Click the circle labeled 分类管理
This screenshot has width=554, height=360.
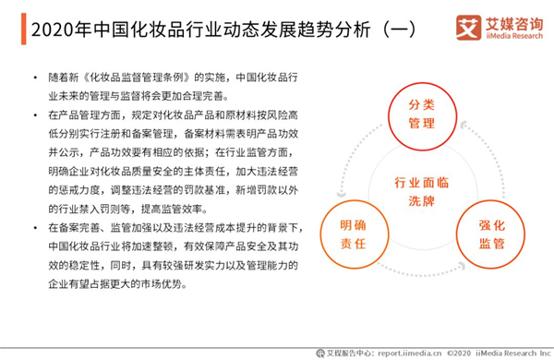(422, 83)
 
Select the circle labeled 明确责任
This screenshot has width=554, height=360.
(355, 200)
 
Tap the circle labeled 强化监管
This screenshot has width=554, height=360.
(490, 200)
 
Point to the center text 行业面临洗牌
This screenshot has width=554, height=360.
(422, 192)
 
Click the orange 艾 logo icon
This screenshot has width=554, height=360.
(468, 27)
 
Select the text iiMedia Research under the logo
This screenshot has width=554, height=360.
(514, 36)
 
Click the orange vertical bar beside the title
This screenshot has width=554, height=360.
(24, 29)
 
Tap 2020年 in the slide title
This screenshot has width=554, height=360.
(62, 30)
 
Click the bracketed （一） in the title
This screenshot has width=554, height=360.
(400, 30)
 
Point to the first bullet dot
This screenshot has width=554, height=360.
(35, 77)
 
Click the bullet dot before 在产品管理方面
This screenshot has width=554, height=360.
(35, 114)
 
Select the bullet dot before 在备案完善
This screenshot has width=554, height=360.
(35, 227)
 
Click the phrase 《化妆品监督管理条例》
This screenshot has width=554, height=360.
(137, 77)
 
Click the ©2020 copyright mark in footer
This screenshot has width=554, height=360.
(459, 353)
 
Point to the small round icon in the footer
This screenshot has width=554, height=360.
(320, 353)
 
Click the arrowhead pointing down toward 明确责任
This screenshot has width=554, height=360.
(342, 194)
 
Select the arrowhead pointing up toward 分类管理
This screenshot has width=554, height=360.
(464, 125)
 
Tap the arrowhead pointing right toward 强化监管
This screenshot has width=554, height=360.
(462, 265)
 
